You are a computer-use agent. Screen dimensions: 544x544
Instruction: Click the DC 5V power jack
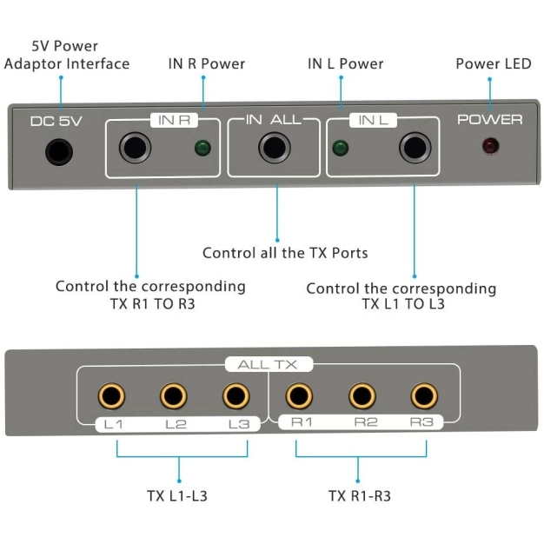click(59, 152)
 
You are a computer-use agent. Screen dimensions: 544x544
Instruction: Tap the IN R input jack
click(135, 149)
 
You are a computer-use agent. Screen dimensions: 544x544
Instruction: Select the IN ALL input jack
click(274, 149)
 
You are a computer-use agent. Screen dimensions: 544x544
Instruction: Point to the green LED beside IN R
click(202, 148)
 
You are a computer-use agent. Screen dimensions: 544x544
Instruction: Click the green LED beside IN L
click(341, 148)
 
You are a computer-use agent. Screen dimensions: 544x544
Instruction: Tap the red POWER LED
click(490, 146)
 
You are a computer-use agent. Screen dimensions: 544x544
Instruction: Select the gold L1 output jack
click(111, 396)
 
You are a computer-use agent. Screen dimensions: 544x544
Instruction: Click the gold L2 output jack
click(174, 396)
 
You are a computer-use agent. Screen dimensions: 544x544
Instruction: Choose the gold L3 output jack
click(236, 396)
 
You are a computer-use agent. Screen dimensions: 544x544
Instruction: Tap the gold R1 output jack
click(300, 396)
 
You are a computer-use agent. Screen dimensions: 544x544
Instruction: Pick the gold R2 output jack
click(362, 396)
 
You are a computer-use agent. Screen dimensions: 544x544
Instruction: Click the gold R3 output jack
click(424, 396)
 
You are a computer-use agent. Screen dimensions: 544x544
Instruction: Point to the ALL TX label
click(268, 365)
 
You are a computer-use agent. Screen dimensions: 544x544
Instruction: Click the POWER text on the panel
click(490, 120)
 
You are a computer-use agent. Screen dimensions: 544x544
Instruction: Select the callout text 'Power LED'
click(490, 63)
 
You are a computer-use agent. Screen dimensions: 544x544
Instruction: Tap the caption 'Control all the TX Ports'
click(285, 253)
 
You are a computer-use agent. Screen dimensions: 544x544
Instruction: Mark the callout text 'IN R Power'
click(207, 63)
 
